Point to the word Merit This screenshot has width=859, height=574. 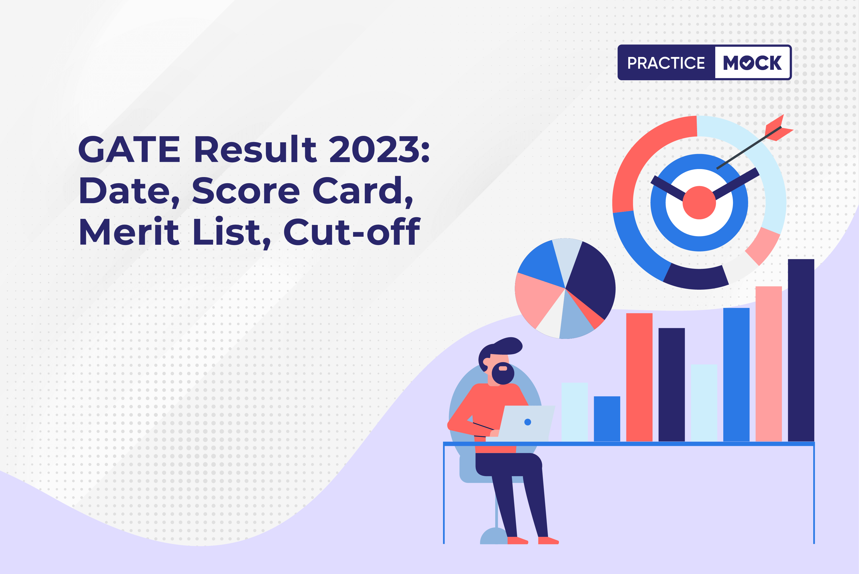tap(129, 231)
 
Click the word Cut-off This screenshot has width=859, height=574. tap(352, 231)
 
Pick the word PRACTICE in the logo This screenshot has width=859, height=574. tap(666, 63)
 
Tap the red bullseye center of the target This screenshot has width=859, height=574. tap(699, 202)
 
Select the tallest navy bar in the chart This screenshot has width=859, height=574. tap(801, 350)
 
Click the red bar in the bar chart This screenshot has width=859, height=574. tap(639, 377)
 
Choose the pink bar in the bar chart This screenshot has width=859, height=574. tap(769, 364)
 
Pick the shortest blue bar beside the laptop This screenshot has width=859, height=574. tap(607, 419)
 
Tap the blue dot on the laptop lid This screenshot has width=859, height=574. tap(528, 422)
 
